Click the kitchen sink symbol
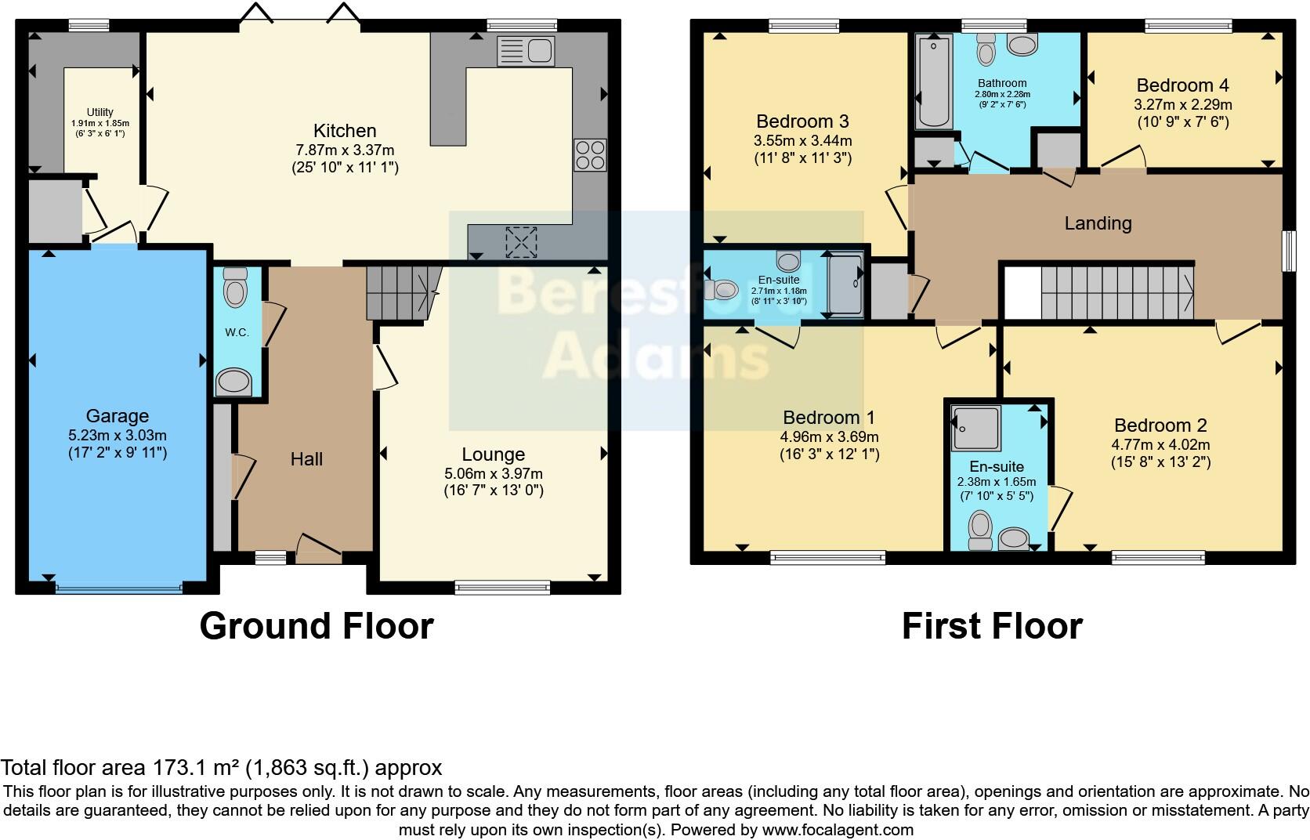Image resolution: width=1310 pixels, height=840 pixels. pyautogui.click(x=526, y=52)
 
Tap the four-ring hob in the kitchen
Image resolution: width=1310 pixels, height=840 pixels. pyautogui.click(x=589, y=154)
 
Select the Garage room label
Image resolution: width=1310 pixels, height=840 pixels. pyautogui.click(x=118, y=416)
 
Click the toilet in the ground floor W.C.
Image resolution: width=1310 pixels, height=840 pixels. pyautogui.click(x=234, y=288)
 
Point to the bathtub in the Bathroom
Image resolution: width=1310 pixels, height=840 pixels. pyautogui.click(x=932, y=81)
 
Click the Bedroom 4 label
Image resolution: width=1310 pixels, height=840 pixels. pyautogui.click(x=1182, y=85)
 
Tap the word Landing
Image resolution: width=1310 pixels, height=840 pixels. pyautogui.click(x=1098, y=223)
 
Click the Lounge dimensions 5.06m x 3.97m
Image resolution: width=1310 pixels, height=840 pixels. pyautogui.click(x=493, y=473)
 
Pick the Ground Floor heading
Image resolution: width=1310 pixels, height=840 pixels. pyautogui.click(x=317, y=626)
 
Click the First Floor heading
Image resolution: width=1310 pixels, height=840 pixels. pyautogui.click(x=992, y=626)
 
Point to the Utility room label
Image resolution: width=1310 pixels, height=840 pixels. pyautogui.click(x=100, y=112)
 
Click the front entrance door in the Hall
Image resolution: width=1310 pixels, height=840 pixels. pyautogui.click(x=318, y=549)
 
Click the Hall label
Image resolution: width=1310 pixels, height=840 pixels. pyautogui.click(x=306, y=459)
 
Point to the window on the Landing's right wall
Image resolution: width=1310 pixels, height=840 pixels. pyautogui.click(x=1287, y=251)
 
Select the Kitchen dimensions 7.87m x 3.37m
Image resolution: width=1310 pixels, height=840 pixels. pyautogui.click(x=345, y=150)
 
